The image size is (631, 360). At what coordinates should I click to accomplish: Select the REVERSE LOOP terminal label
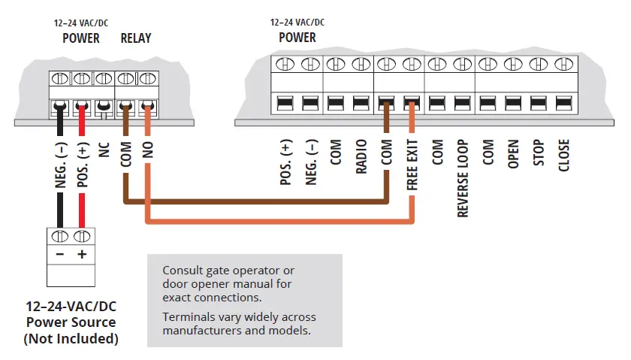pos(463,179)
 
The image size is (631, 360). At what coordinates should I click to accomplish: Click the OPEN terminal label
pos(514,155)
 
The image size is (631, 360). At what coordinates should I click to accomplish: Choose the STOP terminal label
pos(539,154)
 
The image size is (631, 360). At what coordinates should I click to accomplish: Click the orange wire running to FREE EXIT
pos(278,222)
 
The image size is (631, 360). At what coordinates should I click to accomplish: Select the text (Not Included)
pos(71,338)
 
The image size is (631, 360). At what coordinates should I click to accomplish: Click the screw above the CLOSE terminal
pos(561,65)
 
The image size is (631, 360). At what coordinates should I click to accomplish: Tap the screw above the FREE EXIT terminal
pos(410,65)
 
